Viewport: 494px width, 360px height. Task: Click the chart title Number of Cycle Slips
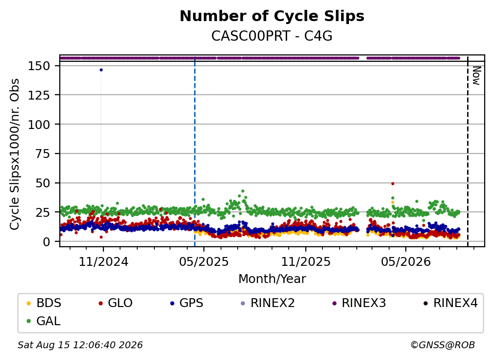click(x=272, y=16)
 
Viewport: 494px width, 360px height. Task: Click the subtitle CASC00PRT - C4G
click(x=272, y=36)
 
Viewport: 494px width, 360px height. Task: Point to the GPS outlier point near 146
click(x=101, y=70)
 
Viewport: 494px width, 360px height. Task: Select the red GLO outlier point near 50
click(x=393, y=183)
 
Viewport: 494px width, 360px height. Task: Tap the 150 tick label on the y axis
click(x=39, y=66)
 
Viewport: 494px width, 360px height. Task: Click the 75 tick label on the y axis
click(x=43, y=154)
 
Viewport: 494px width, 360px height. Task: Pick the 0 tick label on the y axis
click(x=47, y=241)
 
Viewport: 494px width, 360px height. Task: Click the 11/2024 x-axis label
click(x=103, y=261)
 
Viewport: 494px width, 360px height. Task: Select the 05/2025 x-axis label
click(x=204, y=261)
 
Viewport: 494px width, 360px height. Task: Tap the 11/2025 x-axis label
click(x=306, y=261)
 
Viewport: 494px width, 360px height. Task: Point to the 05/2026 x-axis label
click(x=406, y=261)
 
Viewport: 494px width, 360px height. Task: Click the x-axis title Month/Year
click(x=272, y=279)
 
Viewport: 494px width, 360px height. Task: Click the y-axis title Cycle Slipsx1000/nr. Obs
click(x=15, y=154)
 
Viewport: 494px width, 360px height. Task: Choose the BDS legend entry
click(x=44, y=303)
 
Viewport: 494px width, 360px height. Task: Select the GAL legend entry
click(x=44, y=321)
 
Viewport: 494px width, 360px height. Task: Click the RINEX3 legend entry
click(x=359, y=303)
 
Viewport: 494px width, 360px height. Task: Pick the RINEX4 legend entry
click(x=450, y=303)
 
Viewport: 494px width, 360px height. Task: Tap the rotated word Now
click(x=476, y=76)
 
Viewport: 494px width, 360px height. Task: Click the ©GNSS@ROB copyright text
click(x=443, y=345)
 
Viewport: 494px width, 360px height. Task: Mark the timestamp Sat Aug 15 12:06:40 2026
click(x=80, y=345)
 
